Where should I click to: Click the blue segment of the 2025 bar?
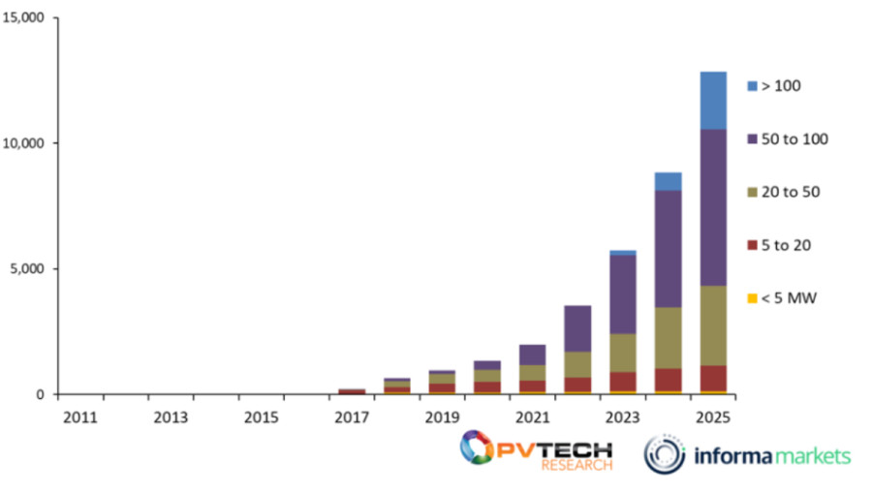713,100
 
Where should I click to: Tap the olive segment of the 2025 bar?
713,324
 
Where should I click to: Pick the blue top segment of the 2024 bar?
669,181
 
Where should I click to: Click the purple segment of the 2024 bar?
669,248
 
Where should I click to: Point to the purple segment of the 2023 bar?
623,293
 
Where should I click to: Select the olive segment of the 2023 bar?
623,353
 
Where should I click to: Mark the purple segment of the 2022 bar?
577,328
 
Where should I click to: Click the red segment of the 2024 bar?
669,380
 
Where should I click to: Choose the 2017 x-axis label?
352,417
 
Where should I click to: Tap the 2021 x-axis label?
532,417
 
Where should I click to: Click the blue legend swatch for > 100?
752,86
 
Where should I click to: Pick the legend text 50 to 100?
796,139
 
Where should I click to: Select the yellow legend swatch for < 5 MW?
752,298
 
